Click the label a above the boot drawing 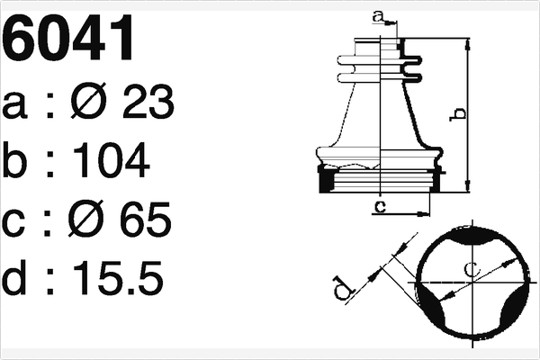coord(378,15)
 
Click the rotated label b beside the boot coord(458,113)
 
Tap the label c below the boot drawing coord(380,208)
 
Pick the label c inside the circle coord(471,269)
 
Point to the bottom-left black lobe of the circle coord(429,306)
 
